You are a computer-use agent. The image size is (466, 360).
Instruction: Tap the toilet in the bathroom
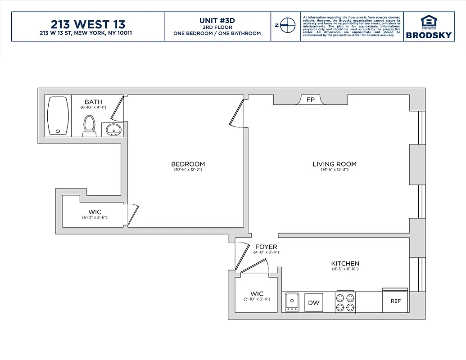point(89,126)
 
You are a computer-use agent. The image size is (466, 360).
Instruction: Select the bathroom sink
point(113,129)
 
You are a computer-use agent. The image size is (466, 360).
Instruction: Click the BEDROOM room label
point(188,164)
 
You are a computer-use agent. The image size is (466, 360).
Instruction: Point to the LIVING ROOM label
point(334,164)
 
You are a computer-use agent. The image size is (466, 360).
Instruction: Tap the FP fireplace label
point(310,100)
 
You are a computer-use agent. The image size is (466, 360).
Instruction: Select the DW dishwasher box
point(314,302)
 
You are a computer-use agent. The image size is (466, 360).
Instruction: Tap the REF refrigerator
point(395,301)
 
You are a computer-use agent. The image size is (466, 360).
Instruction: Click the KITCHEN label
point(345,264)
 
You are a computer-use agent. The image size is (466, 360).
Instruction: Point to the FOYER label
point(266,247)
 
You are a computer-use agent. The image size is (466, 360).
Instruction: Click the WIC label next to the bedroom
point(95,212)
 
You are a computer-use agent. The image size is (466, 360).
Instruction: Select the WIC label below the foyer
point(257,294)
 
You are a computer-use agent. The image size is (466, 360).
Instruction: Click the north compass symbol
point(285,26)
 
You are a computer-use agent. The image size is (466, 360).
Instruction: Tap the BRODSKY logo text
point(428,35)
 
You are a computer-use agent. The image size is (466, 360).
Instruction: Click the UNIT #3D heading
point(217,21)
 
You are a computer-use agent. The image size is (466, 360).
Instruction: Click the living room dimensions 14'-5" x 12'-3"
point(334,170)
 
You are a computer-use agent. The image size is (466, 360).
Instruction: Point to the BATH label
point(93,102)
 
